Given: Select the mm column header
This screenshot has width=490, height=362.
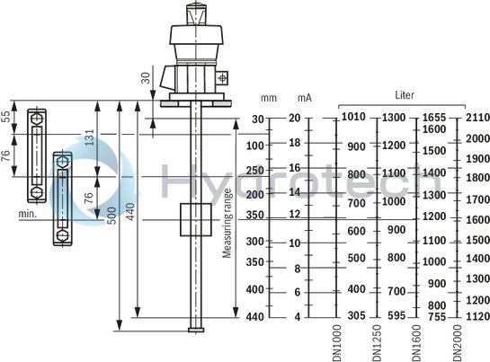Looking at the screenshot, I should click(268, 97).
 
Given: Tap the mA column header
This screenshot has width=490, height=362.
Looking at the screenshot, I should click(306, 97).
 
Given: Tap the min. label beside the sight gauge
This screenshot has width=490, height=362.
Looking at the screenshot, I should click(26, 215).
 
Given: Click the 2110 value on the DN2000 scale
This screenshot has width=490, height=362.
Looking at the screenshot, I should click(478, 118).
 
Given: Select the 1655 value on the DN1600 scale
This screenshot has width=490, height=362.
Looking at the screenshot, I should click(434, 118).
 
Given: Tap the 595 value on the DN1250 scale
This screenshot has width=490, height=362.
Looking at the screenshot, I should click(395, 316).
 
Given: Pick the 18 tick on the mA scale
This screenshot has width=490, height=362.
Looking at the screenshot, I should click(294, 143).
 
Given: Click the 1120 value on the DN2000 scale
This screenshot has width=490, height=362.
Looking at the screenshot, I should click(478, 316).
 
